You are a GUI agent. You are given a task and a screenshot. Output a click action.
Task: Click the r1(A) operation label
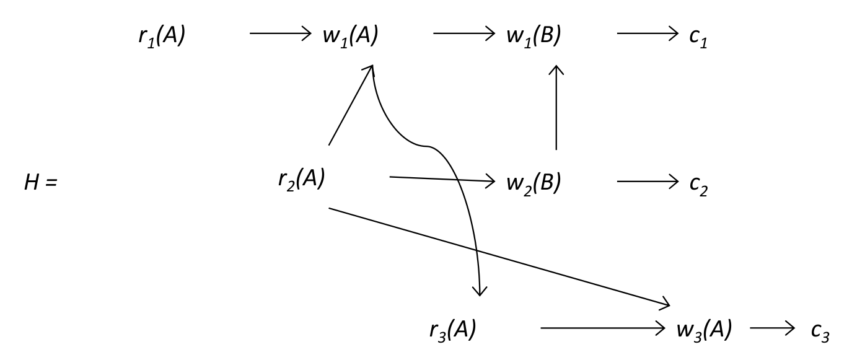click(162, 36)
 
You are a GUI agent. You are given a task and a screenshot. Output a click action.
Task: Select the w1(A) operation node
click(350, 36)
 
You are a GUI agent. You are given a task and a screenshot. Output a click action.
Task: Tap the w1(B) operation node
click(534, 36)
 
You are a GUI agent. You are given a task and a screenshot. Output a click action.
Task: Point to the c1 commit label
click(698, 37)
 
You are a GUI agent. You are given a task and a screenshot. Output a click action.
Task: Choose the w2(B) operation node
click(534, 183)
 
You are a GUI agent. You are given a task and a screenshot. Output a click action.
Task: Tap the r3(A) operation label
click(452, 330)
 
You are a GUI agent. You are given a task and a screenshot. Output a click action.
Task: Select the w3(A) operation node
click(704, 330)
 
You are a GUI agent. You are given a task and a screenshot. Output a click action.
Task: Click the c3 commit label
click(820, 331)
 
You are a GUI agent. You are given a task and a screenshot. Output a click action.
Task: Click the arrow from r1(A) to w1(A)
click(280, 33)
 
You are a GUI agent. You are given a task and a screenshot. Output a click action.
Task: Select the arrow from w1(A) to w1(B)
click(464, 33)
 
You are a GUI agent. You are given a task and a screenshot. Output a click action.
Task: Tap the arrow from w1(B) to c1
click(648, 33)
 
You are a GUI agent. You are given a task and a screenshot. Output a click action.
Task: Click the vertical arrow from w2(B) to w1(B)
click(556, 108)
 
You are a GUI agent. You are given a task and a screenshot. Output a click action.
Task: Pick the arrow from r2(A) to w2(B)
click(442, 180)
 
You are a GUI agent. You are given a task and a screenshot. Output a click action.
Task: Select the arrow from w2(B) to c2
click(648, 182)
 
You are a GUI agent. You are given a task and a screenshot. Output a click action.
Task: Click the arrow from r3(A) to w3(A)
click(603, 328)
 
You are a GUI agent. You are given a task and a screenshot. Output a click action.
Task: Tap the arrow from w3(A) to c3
click(772, 328)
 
